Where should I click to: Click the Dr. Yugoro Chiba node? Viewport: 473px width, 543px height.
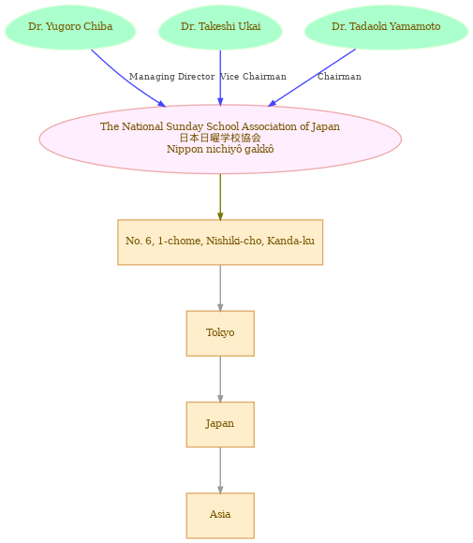70,27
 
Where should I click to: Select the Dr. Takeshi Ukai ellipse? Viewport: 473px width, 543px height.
220,27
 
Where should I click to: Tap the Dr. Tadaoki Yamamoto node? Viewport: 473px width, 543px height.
387,27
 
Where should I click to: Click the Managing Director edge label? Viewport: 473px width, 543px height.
172,77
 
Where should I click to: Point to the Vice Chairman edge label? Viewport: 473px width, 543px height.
253,77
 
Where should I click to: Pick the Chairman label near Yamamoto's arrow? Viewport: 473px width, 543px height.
339,77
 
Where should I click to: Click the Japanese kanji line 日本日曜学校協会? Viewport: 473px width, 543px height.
220,138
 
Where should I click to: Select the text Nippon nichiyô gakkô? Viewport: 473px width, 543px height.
220,149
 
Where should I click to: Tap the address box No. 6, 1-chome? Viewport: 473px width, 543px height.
220,242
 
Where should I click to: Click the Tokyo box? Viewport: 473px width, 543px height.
220,333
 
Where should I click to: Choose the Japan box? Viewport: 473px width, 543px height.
220,424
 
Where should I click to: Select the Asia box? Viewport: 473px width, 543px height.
220,515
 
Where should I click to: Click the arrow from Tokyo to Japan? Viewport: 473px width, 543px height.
220,379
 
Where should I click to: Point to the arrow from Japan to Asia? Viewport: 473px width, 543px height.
220,470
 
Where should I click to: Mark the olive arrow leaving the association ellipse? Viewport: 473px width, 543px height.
220,197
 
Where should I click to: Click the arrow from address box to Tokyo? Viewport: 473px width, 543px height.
220,288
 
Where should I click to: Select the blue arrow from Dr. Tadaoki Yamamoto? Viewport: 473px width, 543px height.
312,78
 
